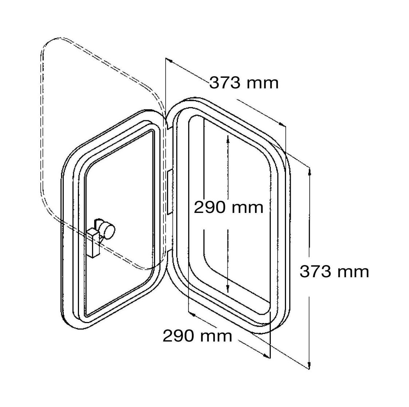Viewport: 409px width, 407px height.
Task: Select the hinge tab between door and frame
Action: (x=170, y=192)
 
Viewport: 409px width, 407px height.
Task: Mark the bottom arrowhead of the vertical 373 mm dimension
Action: (x=309, y=365)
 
